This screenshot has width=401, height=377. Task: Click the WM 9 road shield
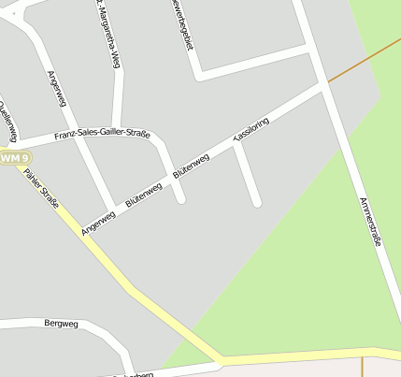click(13, 158)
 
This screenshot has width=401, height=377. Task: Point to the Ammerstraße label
click(370, 222)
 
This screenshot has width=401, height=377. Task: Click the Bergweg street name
click(61, 323)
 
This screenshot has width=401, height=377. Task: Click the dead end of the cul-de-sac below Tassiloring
click(256, 201)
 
